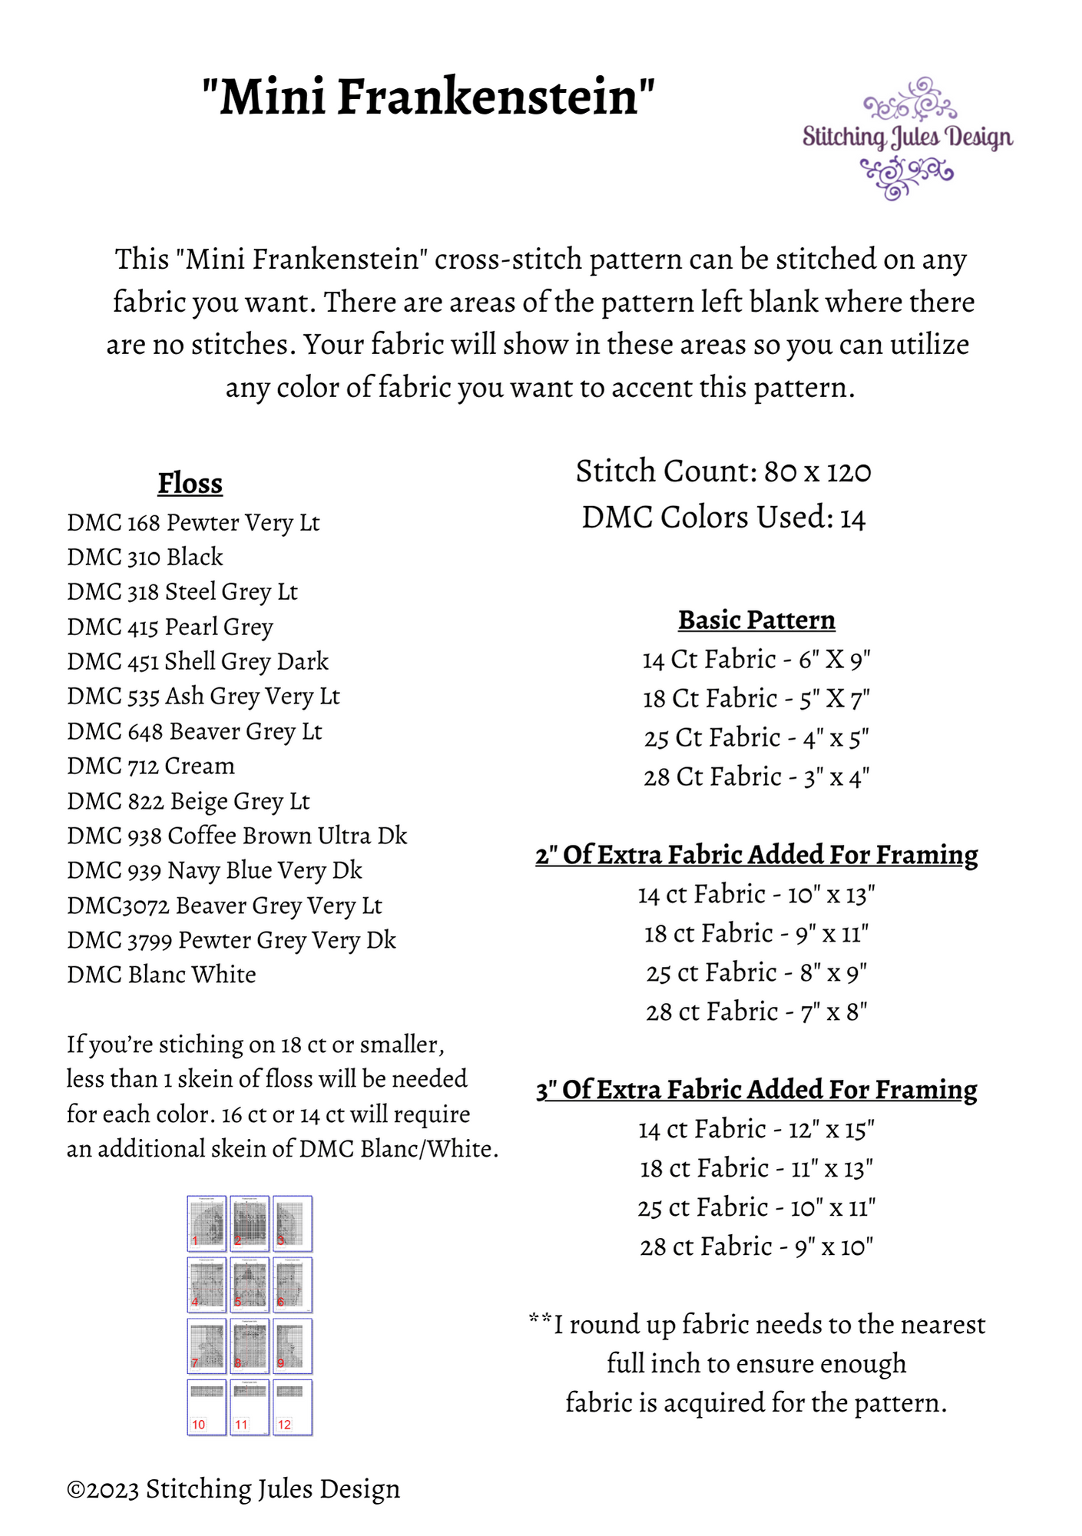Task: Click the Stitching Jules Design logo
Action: click(908, 138)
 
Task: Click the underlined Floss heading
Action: click(190, 484)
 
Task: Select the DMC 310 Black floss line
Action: click(145, 557)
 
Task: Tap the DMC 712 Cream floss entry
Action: click(151, 766)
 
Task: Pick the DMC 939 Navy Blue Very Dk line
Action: click(214, 870)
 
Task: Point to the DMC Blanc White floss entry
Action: click(161, 975)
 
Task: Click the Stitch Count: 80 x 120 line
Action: click(723, 471)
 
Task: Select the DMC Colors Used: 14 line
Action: click(723, 518)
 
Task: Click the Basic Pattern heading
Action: click(756, 620)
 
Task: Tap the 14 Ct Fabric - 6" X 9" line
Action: click(756, 660)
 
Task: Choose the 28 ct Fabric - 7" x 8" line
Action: click(756, 1011)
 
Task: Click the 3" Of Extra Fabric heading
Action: click(756, 1090)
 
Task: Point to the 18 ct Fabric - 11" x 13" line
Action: click(756, 1168)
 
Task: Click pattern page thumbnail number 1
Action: click(207, 1223)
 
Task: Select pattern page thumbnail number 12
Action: click(293, 1408)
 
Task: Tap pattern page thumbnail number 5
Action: click(250, 1285)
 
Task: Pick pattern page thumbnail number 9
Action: click(293, 1346)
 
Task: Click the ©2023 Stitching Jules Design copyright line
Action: click(233, 1489)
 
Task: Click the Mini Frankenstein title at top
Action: click(428, 98)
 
